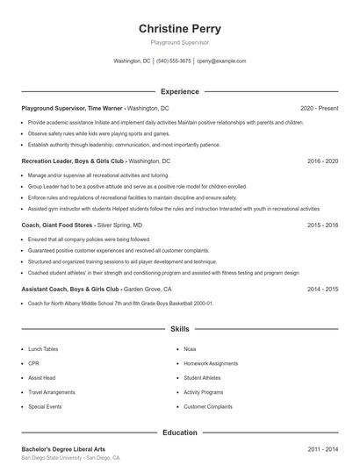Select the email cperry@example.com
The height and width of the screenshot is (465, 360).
pos(221,61)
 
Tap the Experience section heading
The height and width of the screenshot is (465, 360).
pos(179,91)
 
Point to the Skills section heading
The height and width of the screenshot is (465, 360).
pos(179,329)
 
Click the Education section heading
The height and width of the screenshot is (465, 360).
pos(179,433)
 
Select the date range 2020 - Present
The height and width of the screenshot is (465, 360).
pos(319,108)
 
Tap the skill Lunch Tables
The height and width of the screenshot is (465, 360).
pos(43,349)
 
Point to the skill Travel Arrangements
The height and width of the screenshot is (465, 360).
pos(52,392)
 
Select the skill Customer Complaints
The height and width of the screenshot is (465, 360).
pos(207,407)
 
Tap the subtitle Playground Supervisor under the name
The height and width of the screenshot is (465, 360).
pos(179,42)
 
